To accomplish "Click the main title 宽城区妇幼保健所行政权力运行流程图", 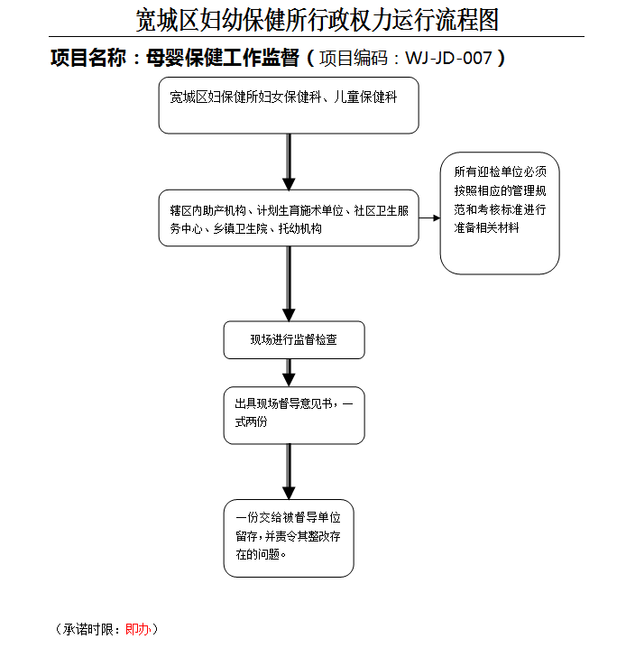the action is pos(318,20).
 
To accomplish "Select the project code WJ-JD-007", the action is pos(449,58).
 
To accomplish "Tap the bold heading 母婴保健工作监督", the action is pos(223,58).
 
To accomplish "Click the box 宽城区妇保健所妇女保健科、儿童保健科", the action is pos(289,106).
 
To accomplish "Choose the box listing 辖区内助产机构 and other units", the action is pos(289,218).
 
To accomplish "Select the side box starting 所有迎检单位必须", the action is pos(500,213).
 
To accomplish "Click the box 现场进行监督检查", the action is pos(294,340).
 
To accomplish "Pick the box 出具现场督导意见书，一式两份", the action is pos(294,415).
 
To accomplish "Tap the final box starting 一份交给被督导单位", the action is pos(289,538).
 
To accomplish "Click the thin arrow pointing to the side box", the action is pos(429,218).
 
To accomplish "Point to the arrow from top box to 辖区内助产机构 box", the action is pos(289,162).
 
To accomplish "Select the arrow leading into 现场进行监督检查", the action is pos(289,284).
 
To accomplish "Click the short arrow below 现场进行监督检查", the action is pos(289,373).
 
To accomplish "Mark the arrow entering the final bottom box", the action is pos(289,472).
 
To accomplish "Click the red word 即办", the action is pos(137,629).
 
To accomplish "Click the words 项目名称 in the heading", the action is pos(88,58).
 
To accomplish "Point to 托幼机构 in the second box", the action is pos(300,228).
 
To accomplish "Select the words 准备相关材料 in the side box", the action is pos(486,227).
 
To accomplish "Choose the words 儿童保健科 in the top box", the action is pos(365,97).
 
